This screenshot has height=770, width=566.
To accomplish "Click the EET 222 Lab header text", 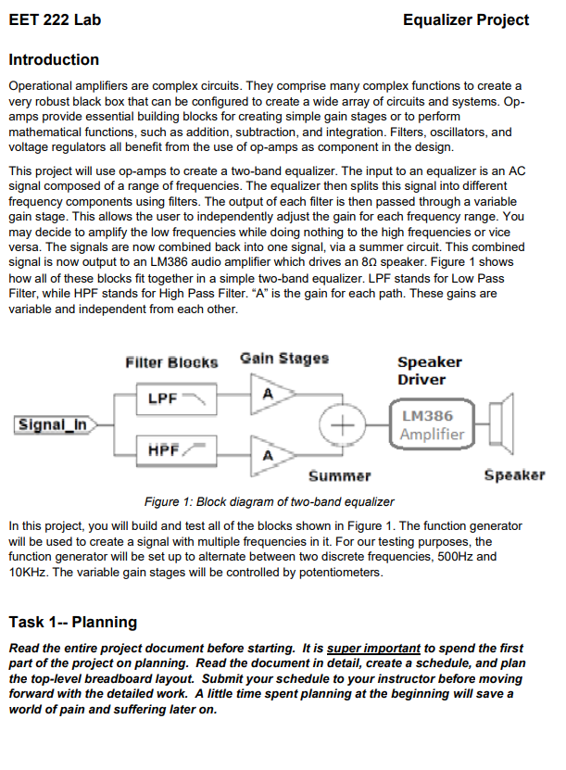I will pos(55,19).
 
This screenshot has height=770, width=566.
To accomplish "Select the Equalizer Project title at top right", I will pos(466,19).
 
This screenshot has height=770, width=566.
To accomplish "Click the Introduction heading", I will pos(54,60).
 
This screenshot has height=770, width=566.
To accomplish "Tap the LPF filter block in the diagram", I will pos(177,398).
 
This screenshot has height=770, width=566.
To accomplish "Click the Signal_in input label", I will pos(54,424).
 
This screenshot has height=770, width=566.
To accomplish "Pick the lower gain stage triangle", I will pos(270,454).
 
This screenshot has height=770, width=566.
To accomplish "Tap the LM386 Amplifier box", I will pos(432,424).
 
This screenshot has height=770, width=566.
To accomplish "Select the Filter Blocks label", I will pos(171,361).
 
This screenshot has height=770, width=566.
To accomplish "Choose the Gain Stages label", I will pos(283,359).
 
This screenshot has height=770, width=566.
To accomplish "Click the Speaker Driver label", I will pos(429,371).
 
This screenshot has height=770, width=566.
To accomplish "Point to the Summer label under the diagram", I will pos(339,476).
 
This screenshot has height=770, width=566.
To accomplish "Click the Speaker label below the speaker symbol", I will pos(514,476).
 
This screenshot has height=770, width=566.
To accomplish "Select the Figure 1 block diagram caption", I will pos(257,501).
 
